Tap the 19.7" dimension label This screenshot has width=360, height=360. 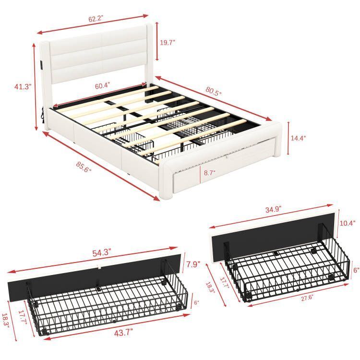tap(167, 43)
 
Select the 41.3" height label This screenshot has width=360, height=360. tap(23, 87)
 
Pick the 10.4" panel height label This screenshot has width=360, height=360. tap(348, 223)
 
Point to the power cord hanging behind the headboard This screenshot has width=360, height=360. tap(43, 118)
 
